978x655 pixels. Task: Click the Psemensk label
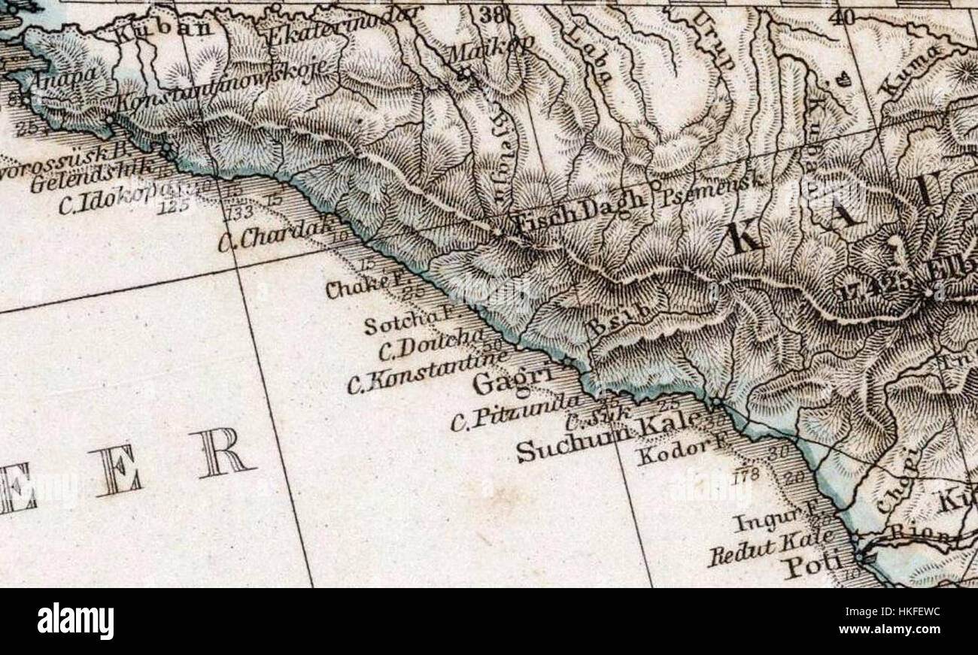(712, 188)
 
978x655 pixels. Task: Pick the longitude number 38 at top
(492, 13)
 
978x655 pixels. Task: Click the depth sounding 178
(745, 475)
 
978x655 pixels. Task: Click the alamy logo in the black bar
(75, 621)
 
